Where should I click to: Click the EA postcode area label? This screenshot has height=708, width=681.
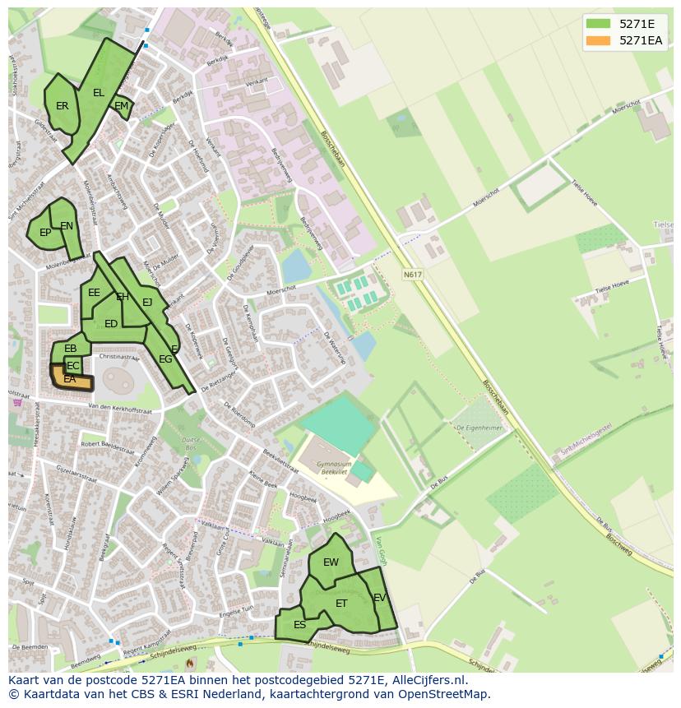[x=70, y=379]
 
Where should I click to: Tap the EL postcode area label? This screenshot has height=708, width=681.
[x=99, y=93]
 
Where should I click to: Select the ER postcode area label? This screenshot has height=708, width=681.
[x=63, y=106]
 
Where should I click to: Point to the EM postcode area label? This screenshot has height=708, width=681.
[x=121, y=106]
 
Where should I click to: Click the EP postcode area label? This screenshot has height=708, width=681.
[x=45, y=233]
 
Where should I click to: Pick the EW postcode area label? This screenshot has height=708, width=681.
[x=331, y=562]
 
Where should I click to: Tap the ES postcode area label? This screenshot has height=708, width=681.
[x=299, y=625]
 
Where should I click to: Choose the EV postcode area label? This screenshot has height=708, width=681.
[x=379, y=598]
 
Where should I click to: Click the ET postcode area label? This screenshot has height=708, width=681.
[x=341, y=604]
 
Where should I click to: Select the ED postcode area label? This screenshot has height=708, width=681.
[x=111, y=324]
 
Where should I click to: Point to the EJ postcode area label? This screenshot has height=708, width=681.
[x=147, y=303]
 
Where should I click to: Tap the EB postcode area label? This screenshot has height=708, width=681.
[x=71, y=349]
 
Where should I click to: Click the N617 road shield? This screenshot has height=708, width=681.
[x=412, y=274]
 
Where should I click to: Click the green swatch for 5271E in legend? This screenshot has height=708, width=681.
[x=598, y=24]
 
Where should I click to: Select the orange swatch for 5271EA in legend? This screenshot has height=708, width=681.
[x=598, y=40]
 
